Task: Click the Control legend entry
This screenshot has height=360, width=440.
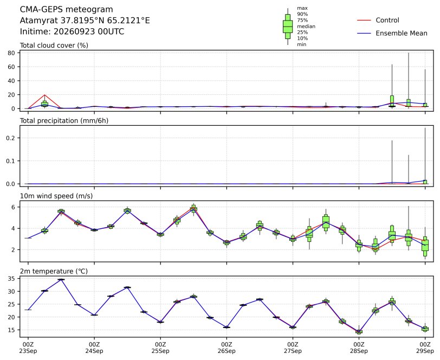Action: click(x=378, y=20)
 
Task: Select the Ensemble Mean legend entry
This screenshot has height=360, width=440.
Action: click(x=392, y=33)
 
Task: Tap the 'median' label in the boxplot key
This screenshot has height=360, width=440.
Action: click(x=306, y=27)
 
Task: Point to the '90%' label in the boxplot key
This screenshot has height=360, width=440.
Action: click(x=302, y=14)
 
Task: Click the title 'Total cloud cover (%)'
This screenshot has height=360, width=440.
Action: click(x=54, y=46)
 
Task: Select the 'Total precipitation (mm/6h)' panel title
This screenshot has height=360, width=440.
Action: click(x=64, y=121)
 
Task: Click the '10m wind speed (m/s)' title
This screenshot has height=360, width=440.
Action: click(x=56, y=196)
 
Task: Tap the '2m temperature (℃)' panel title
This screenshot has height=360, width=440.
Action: click(x=54, y=271)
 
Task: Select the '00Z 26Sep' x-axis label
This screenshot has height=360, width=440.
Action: click(x=227, y=348)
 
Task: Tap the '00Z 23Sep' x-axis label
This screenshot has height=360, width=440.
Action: click(x=28, y=348)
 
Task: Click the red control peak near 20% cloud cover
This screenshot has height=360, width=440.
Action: click(x=44, y=95)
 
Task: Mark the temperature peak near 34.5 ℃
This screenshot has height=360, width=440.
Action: click(x=61, y=279)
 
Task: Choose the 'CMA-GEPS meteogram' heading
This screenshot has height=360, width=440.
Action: click(x=67, y=10)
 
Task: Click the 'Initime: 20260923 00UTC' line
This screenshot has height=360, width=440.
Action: click(x=72, y=31)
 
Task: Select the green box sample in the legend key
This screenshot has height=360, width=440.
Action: click(x=288, y=27)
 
